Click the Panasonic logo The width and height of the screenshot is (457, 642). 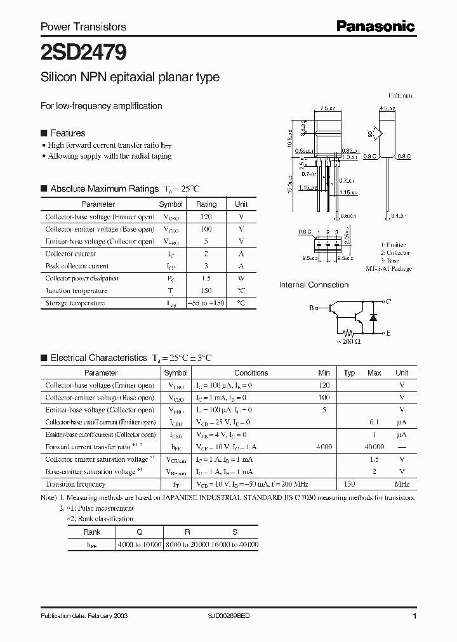tap(375, 26)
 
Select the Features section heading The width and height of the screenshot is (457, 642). tap(67, 133)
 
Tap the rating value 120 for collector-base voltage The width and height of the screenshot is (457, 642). tap(206, 217)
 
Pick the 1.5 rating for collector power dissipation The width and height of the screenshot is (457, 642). tap(206, 278)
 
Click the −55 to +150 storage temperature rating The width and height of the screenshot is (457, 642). tap(206, 303)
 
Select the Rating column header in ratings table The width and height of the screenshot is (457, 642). tap(206, 204)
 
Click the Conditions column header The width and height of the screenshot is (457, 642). tap(251, 373)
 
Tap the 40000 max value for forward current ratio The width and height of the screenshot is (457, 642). tap(374, 447)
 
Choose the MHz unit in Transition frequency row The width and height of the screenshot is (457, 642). tap(402, 484)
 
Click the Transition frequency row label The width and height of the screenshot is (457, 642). tap(75, 484)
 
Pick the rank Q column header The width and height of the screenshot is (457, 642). tap(140, 532)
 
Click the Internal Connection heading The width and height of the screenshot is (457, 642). tap(314, 285)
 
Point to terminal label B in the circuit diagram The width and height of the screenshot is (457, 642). tap(312, 308)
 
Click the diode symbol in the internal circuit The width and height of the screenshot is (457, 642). tap(373, 315)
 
